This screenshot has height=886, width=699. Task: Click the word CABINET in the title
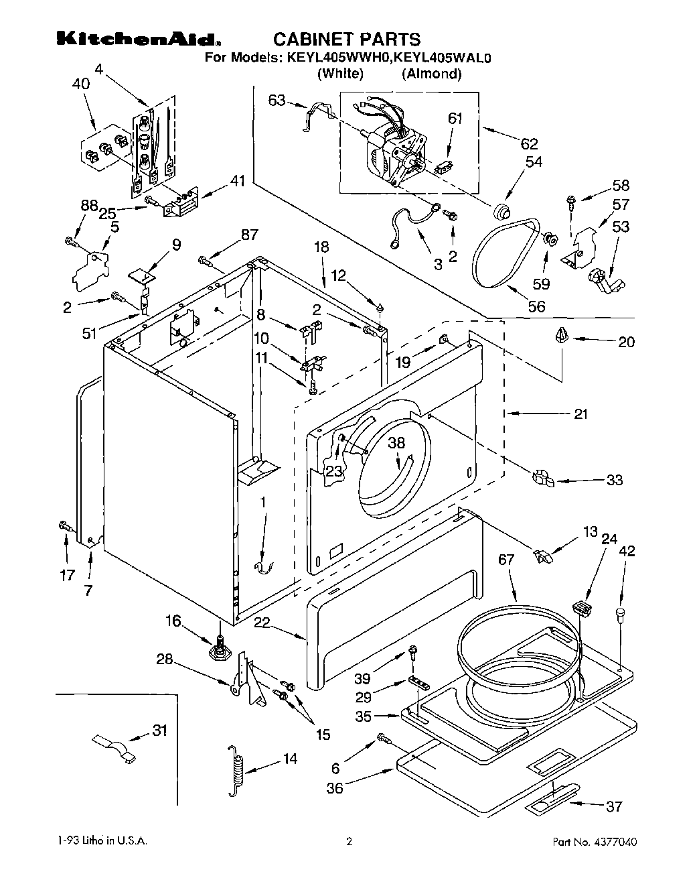311,40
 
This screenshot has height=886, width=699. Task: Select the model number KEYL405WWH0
337,58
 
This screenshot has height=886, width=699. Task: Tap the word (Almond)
432,74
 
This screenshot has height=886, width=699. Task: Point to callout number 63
277,100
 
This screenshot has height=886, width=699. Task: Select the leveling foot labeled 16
221,649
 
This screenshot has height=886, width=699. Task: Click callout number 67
506,560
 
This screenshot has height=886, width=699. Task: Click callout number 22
262,623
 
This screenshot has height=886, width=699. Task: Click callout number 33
615,480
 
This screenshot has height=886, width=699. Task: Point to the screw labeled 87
205,261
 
